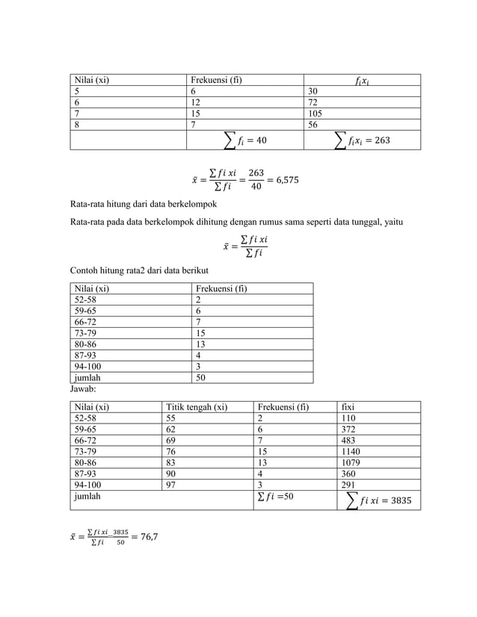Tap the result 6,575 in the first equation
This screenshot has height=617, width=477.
tap(291, 180)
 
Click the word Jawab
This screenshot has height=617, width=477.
tap(83, 389)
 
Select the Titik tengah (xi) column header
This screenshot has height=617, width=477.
tap(197, 407)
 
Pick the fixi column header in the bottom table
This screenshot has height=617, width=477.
tap(348, 407)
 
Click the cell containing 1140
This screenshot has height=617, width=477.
tap(351, 451)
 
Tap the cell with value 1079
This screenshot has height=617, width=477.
tap(351, 462)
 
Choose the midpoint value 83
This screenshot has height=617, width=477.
tap(171, 462)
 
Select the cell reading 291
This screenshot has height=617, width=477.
tap(348, 484)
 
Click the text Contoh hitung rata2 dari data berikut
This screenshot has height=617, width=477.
tap(138, 270)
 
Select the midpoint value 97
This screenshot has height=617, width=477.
tap(171, 484)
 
